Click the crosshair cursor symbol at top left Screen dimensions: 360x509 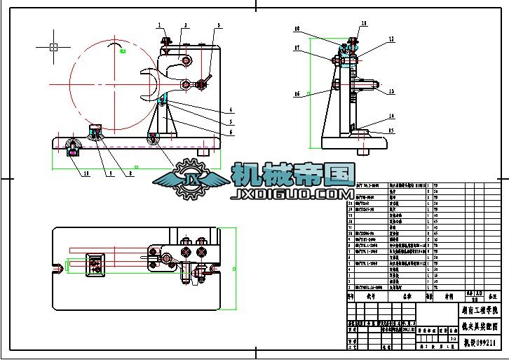[x=53, y=47]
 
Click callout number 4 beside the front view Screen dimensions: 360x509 [x=231, y=109]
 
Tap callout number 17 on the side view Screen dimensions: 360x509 [x=297, y=48]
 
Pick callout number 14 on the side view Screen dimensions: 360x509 [x=392, y=116]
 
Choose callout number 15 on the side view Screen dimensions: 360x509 [x=392, y=131]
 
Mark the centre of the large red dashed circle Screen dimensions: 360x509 [x=114, y=85]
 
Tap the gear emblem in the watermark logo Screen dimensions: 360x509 [x=190, y=179]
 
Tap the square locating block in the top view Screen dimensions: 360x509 [x=94, y=262]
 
